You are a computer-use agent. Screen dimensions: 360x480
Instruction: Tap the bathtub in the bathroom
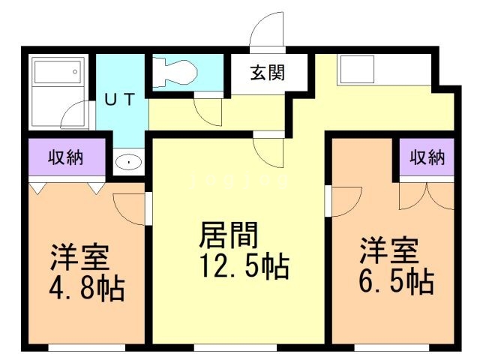56,78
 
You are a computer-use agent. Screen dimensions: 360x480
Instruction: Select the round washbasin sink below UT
130,162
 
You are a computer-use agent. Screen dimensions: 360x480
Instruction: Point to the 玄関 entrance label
267,73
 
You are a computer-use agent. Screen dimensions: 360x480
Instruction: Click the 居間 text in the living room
229,235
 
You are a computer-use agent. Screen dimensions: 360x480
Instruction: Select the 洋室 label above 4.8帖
79,256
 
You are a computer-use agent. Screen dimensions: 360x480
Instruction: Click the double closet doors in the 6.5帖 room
427,195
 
